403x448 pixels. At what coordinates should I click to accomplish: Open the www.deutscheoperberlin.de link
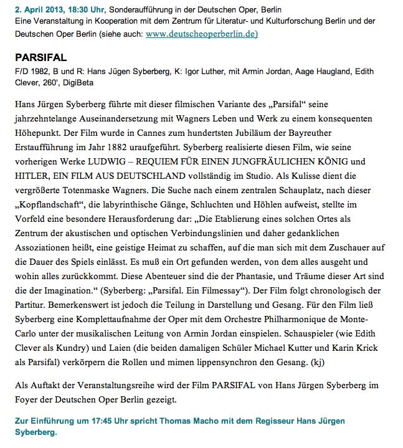tap(201, 33)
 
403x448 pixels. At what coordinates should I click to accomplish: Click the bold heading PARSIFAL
tap(41, 57)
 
